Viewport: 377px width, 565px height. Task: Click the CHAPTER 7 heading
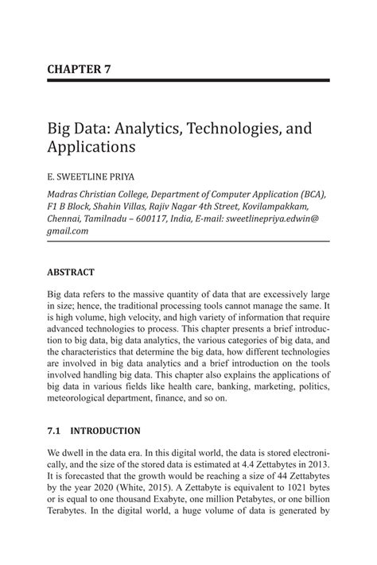point(78,68)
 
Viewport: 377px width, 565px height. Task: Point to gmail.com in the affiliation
point(68,230)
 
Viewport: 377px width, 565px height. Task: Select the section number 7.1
point(55,431)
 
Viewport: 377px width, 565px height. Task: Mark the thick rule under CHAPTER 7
point(188,81)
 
